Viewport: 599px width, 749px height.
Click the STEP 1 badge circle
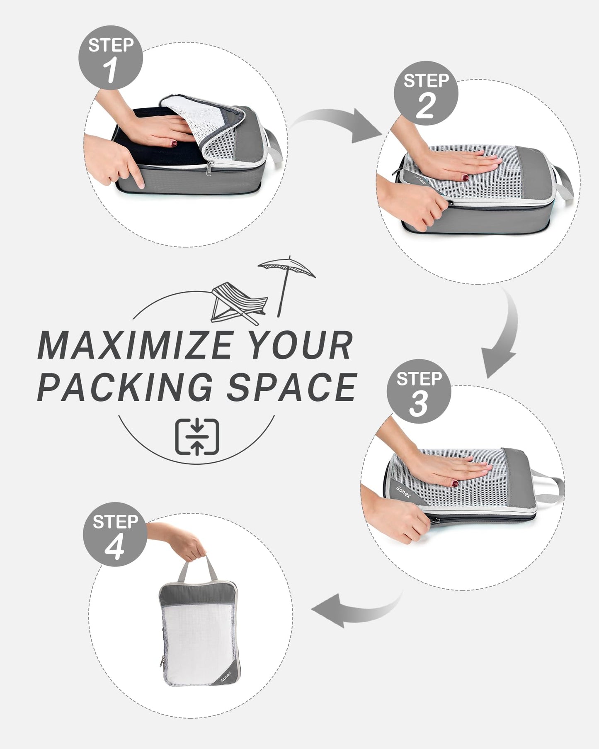(x=111, y=58)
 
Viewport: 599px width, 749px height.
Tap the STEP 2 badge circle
(x=426, y=93)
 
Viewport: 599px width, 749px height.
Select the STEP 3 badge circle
(x=419, y=391)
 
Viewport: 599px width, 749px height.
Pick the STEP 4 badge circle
(x=115, y=534)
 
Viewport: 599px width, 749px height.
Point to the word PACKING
(x=124, y=387)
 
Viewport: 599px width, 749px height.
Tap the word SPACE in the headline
(x=291, y=387)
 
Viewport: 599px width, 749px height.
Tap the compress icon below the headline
(x=197, y=437)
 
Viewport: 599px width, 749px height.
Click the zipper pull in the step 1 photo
(x=210, y=167)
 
